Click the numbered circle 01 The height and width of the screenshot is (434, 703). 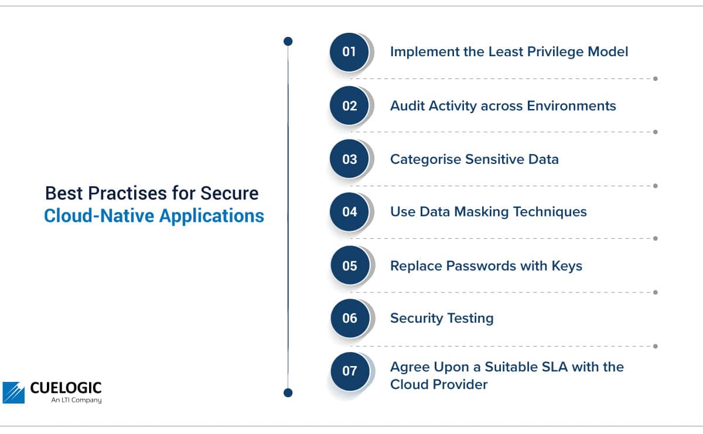click(349, 52)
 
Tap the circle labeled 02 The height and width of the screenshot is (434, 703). click(349, 106)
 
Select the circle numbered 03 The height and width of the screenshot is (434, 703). click(349, 159)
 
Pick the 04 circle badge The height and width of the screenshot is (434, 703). click(349, 212)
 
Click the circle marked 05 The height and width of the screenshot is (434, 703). click(350, 265)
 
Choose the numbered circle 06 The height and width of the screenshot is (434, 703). click(350, 318)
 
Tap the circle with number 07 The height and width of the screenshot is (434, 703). click(350, 371)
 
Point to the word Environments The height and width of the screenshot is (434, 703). click(572, 106)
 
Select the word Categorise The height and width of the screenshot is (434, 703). click(425, 160)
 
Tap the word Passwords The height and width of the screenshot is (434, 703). click(481, 266)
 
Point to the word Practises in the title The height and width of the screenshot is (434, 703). click(128, 193)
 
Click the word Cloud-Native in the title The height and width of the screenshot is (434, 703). click(99, 216)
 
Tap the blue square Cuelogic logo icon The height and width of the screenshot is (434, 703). click(13, 392)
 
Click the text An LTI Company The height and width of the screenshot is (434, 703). click(76, 400)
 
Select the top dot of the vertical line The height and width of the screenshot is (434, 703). click(288, 41)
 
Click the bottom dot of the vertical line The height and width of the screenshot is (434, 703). click(288, 392)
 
